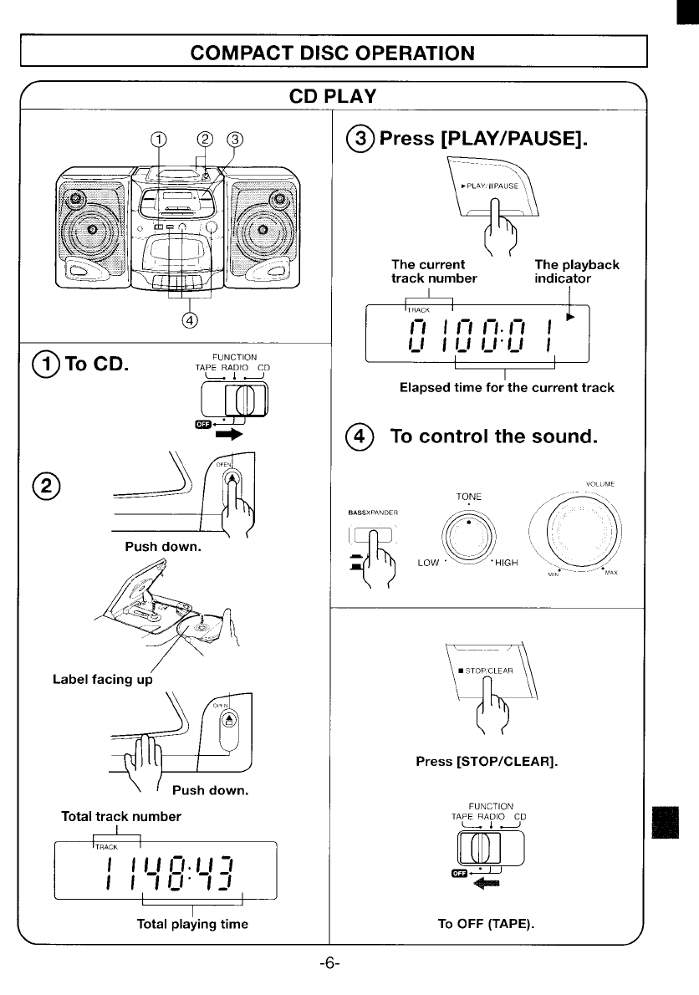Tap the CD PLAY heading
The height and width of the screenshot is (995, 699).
[332, 95]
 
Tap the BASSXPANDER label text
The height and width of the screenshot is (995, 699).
[372, 513]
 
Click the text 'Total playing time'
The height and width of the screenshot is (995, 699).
[192, 924]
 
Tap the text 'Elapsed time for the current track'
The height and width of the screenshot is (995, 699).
[507, 387]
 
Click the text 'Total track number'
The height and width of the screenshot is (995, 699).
[121, 815]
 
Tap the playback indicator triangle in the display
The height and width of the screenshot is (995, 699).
[571, 318]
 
